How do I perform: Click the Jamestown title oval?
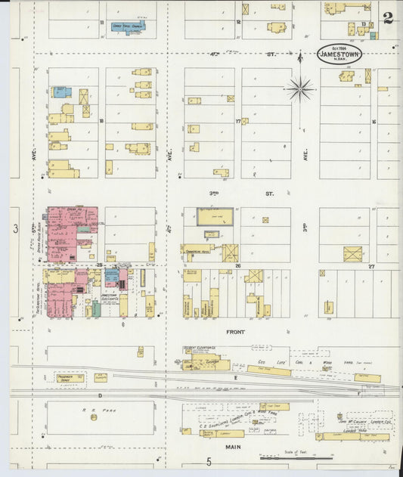[339, 53]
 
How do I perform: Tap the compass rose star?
[300, 89]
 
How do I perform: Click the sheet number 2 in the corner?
[388, 17]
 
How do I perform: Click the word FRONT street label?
[236, 331]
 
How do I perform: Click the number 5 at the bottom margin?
[209, 462]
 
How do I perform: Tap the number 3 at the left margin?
[15, 228]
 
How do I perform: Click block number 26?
[237, 265]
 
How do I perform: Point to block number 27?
[371, 266]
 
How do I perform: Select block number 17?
[237, 121]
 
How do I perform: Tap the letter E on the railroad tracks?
[235, 376]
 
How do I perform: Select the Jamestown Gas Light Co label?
[110, 298]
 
